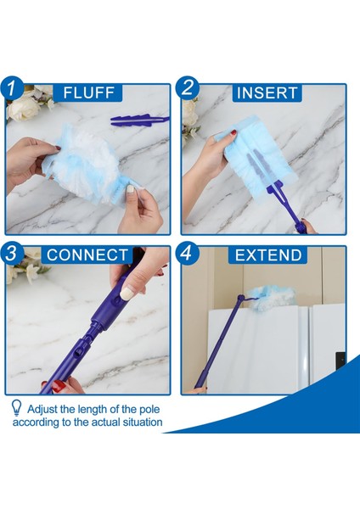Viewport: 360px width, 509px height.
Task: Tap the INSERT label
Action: (x=268, y=92)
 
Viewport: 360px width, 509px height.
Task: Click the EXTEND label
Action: (x=268, y=255)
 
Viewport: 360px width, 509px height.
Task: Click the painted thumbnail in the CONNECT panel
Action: (x=127, y=293)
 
